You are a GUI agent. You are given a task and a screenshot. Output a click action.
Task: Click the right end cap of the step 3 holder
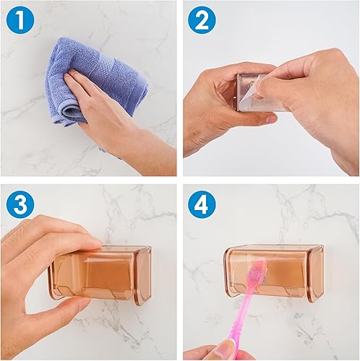pos(145,274)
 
